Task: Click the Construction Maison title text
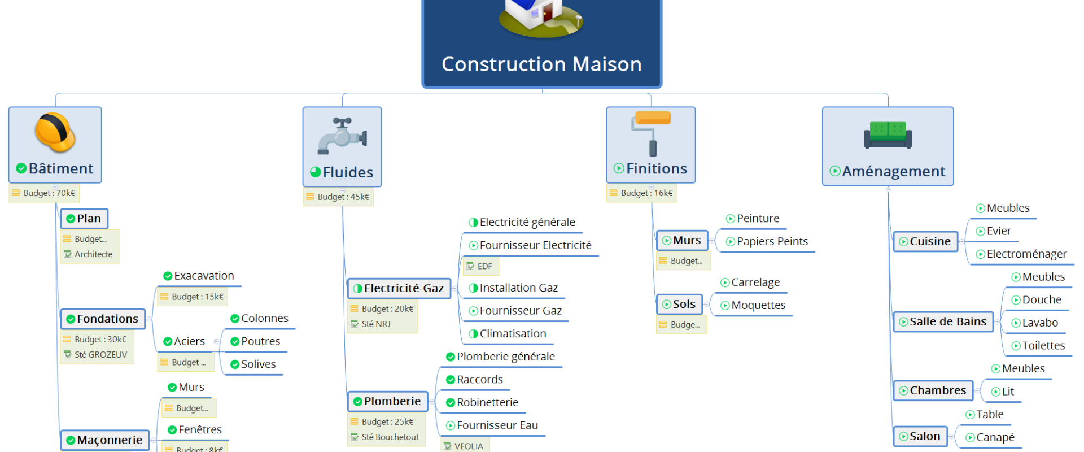click(541, 64)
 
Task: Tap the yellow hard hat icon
click(55, 132)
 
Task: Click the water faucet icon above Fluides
click(342, 136)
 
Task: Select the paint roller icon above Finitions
click(651, 133)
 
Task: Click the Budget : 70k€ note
click(44, 193)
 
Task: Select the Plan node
click(84, 219)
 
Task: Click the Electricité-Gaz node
click(399, 288)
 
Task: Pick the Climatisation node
click(508, 334)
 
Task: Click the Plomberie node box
click(387, 401)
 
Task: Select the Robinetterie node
click(482, 402)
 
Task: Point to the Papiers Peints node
click(767, 241)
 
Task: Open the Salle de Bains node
click(943, 321)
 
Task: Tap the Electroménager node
click(1021, 254)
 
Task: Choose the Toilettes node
click(1038, 346)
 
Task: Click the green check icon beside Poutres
click(235, 341)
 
